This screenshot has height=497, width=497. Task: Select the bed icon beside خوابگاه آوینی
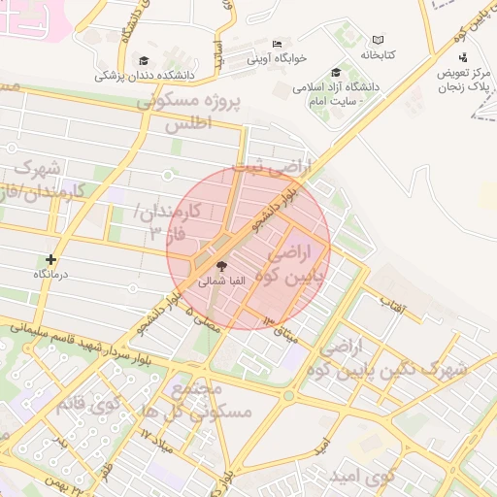point(278,44)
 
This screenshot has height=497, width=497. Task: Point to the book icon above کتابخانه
point(378,40)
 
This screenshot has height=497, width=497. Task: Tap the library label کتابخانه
point(380,55)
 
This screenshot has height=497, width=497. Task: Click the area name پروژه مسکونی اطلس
point(188,113)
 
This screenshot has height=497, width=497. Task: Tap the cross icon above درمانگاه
point(51,259)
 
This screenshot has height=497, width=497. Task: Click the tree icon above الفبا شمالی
point(221,265)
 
